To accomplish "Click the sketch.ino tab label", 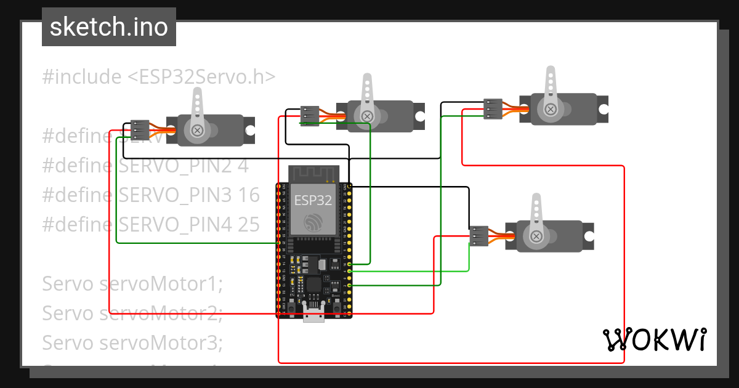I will pos(108,27).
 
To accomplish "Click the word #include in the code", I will pos(82,77).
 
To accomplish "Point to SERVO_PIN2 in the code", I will pos(179,166).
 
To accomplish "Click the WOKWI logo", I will pos(654,339).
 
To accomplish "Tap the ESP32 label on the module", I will pos(313,200).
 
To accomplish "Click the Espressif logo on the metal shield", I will pos(313,221).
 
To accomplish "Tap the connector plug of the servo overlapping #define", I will pos(140,130).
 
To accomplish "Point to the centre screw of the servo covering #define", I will pos(198,130).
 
